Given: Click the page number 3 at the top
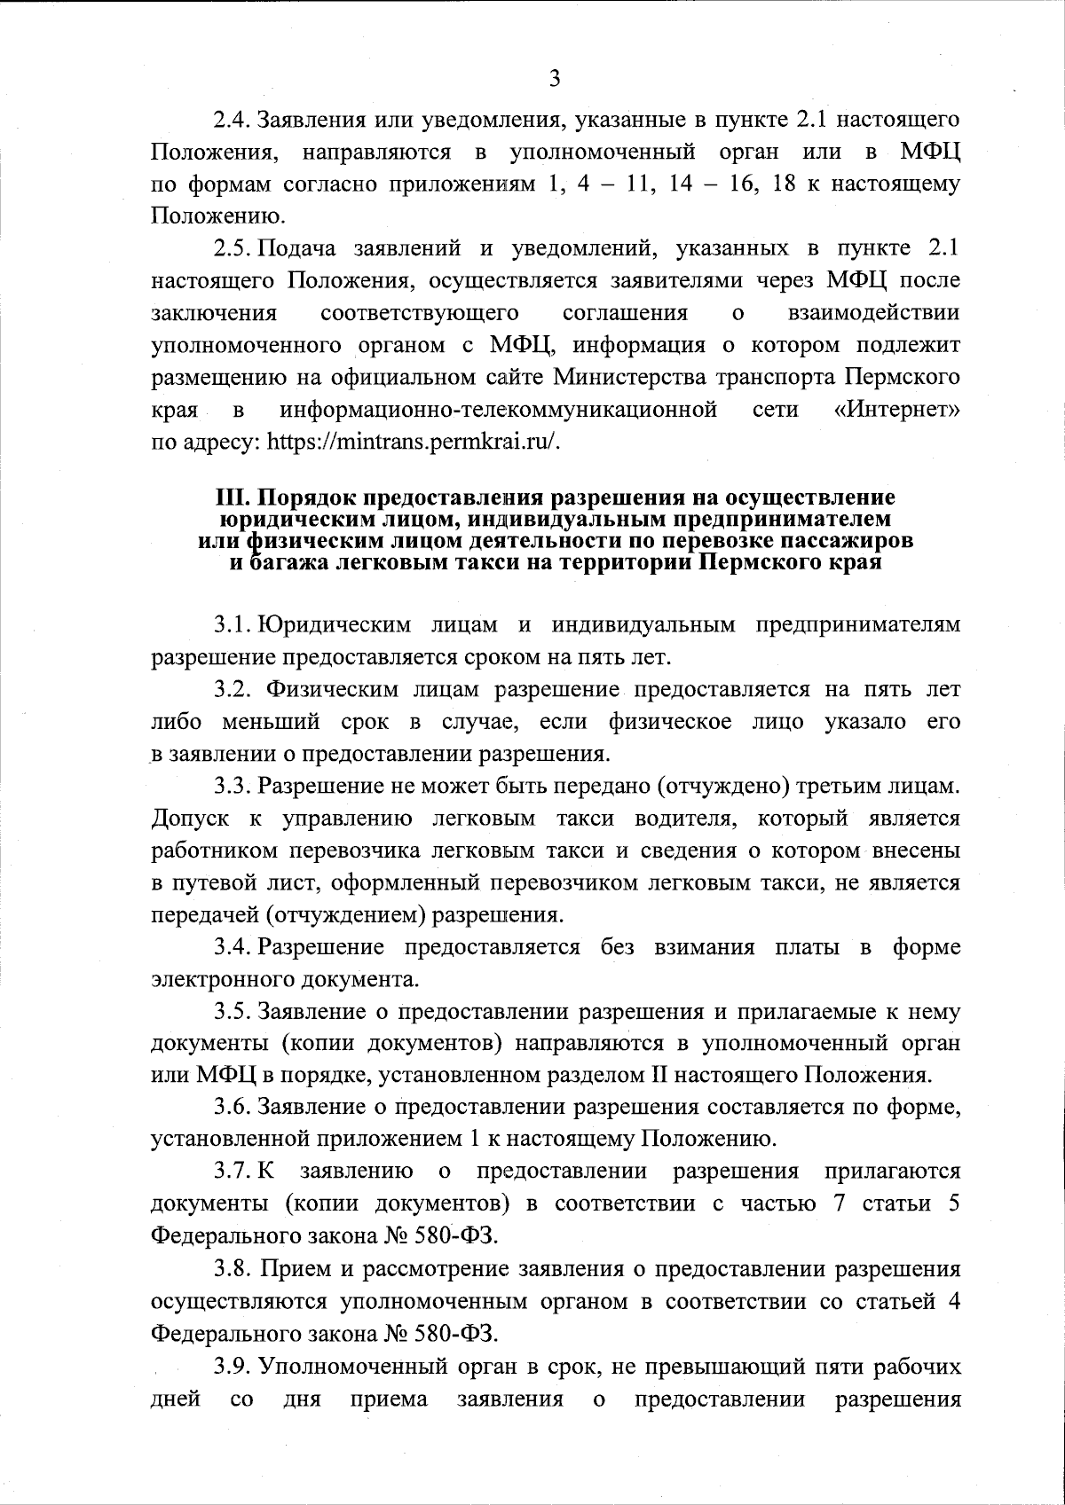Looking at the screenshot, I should pyautogui.click(x=554, y=78).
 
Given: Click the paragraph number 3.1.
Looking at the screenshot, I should pyautogui.click(x=233, y=625).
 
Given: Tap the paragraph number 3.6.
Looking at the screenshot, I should pyautogui.click(x=233, y=1107).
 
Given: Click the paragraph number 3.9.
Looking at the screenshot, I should pyautogui.click(x=233, y=1368).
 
